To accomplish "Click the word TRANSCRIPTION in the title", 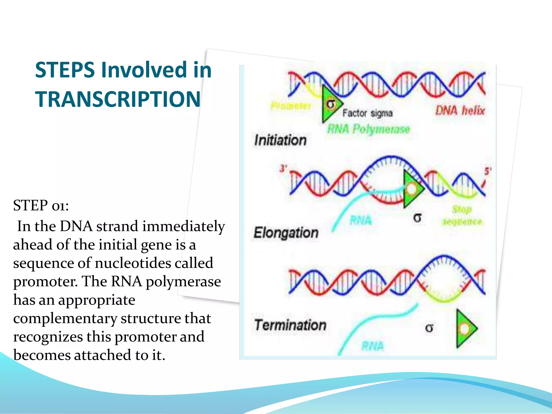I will click(118, 99).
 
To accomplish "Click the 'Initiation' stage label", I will click(280, 140).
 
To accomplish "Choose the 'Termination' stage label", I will click(290, 325).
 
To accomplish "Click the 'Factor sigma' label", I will click(367, 113).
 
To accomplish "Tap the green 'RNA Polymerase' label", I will click(368, 129).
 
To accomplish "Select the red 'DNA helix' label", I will click(460, 111).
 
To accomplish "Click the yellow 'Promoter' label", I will click(291, 106).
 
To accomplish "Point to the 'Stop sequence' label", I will click(462, 216).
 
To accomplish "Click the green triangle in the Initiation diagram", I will click(330, 104).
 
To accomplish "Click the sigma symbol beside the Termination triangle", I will click(429, 328).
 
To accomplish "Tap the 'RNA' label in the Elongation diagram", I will click(361, 220).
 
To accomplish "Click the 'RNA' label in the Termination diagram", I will click(372, 346).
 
